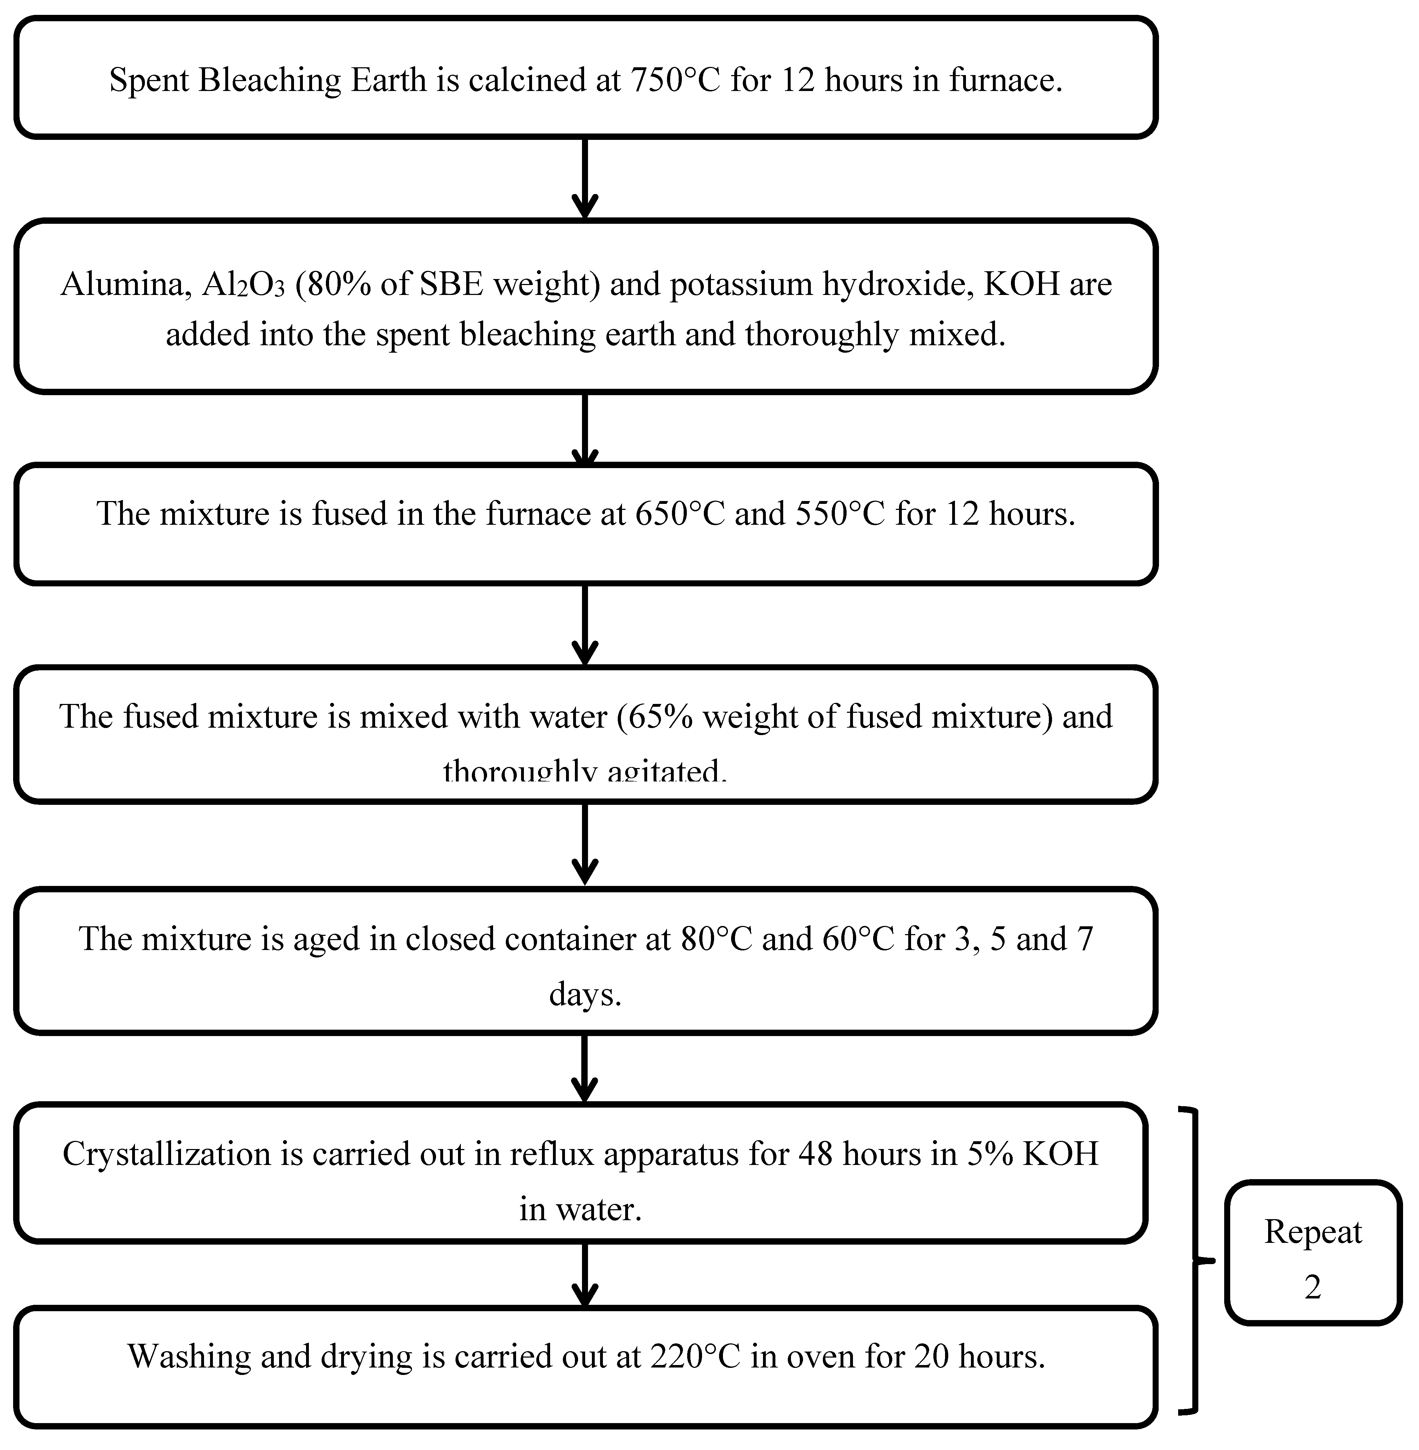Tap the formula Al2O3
[x=243, y=284]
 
